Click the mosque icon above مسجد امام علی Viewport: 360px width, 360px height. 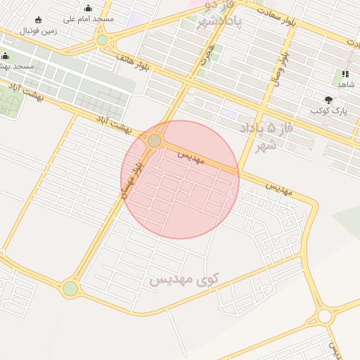pos(88,8)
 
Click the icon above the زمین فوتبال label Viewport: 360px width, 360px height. pos(39,20)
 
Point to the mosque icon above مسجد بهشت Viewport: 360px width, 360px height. pos(6,56)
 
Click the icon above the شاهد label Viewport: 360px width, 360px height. pos(345,74)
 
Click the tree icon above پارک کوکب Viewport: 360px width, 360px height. pos(329,100)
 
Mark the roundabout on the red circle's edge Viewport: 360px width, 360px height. pos(154,141)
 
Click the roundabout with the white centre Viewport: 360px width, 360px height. pos(324,316)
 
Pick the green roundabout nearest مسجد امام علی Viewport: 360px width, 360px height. pos(103,40)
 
